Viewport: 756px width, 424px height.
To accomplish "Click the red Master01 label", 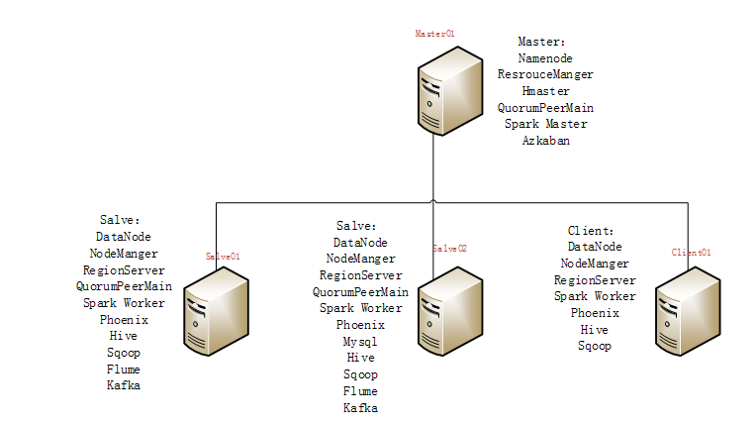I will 434,34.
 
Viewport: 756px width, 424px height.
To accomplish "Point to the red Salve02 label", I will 449,249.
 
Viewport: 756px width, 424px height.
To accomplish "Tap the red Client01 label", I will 691,253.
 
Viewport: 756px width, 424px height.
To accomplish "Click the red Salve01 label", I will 223,256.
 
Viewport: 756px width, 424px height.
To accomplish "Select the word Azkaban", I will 545,141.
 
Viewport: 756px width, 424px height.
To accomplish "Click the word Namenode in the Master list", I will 545,58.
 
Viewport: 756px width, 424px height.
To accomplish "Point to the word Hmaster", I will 545,91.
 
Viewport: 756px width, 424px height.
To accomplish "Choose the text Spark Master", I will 545,124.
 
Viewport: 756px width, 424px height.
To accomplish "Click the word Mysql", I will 360,341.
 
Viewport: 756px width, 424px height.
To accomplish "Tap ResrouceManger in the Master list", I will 545,74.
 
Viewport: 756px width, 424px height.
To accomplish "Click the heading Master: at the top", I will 542,42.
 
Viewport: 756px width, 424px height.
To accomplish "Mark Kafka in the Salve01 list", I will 124,385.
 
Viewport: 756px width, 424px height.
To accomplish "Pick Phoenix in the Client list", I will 595,313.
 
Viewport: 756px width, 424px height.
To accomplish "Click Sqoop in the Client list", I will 595,346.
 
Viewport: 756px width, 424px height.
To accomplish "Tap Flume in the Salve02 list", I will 360,391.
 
